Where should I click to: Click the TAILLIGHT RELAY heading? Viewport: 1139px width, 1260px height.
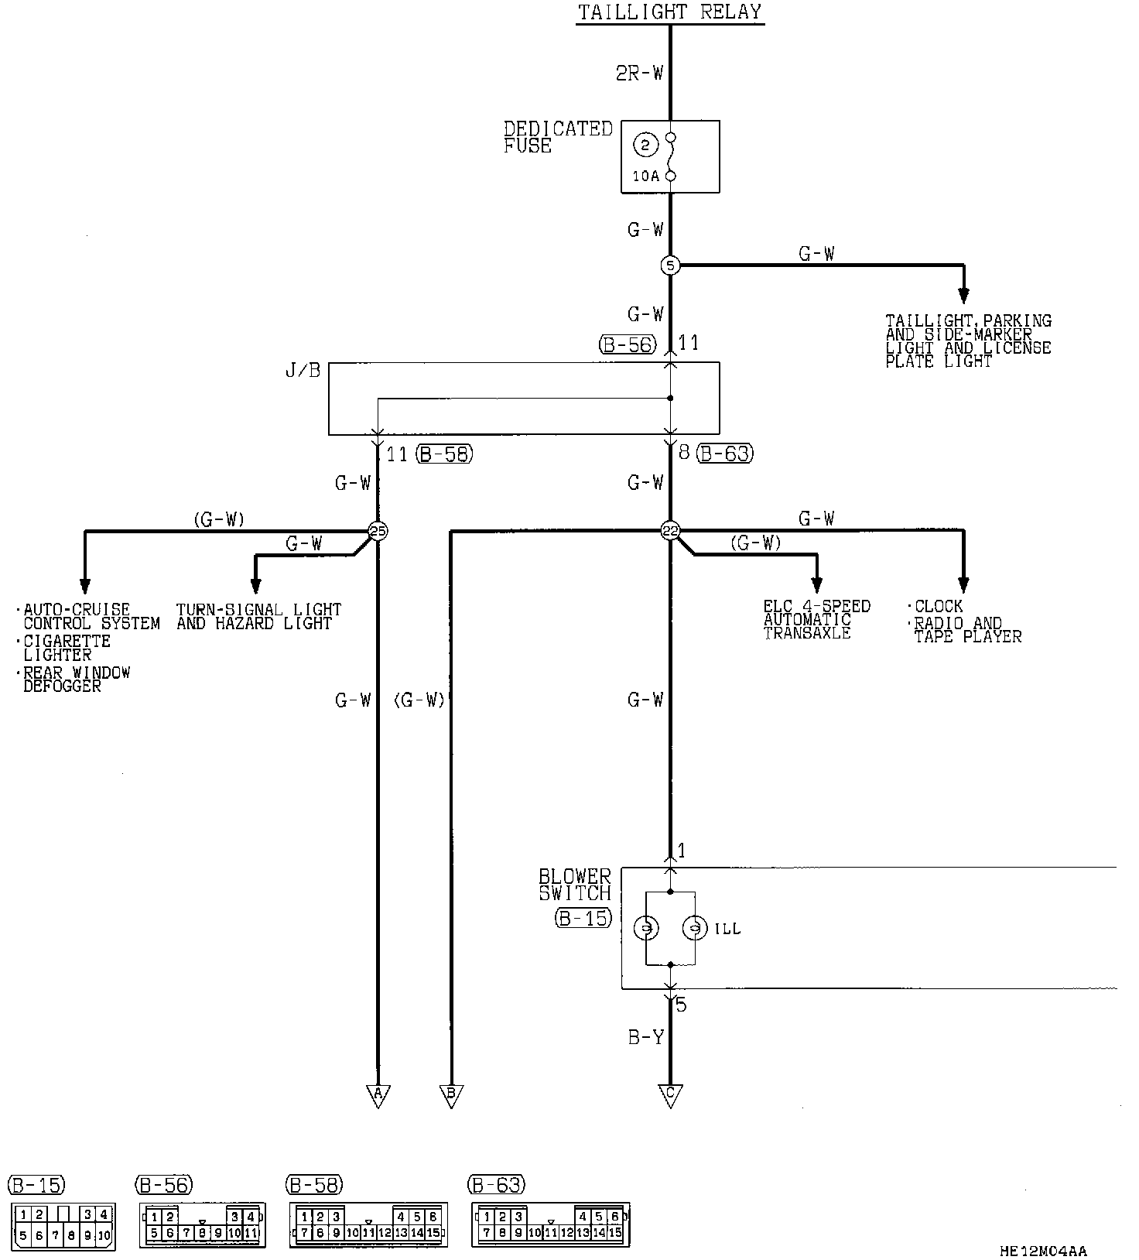pos(670,12)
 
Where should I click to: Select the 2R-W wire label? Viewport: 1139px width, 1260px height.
pos(640,74)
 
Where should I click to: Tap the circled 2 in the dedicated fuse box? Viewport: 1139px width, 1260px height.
pos(645,144)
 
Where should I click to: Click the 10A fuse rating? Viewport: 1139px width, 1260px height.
pos(645,176)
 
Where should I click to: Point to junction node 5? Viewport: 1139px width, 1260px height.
pos(670,265)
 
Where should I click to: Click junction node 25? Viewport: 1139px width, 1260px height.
pos(378,531)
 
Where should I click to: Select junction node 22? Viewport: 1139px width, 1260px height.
pos(670,531)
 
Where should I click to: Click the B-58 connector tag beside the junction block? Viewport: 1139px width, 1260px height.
pos(444,454)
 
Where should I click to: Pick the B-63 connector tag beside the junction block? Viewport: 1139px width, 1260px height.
pos(725,454)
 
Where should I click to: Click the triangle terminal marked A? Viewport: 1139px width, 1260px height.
pos(378,1094)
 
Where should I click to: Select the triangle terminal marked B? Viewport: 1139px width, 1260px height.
pos(450,1094)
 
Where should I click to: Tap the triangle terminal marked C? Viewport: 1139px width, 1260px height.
pos(670,1094)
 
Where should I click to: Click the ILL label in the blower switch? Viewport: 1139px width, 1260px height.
pos(727,929)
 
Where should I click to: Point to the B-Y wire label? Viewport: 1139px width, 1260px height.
pos(645,1038)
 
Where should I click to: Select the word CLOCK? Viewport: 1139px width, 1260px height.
pos(939,606)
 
